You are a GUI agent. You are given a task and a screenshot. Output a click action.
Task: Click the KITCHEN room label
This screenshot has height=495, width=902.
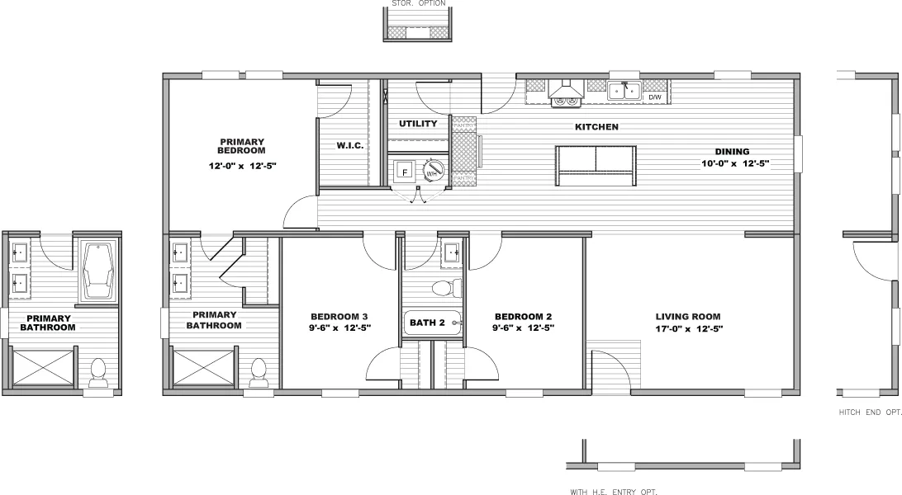pos(596,127)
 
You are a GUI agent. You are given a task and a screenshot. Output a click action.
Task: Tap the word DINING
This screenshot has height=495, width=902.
pos(732,152)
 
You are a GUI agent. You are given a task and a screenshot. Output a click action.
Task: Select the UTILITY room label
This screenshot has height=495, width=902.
pos(418,124)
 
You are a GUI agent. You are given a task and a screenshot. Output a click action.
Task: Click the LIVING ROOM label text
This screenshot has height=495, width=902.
pos(687,316)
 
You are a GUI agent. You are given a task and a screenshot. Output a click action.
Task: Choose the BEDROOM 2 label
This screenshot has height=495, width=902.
pos(523,316)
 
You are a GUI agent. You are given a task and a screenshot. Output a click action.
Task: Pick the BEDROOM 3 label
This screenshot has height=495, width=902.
pos(339,316)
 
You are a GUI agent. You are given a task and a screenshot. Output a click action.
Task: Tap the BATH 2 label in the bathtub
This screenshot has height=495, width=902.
pos(428,323)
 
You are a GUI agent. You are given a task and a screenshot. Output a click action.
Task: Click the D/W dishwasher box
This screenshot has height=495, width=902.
pos(655,97)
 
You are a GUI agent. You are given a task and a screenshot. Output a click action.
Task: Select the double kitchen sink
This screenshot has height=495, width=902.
pos(624,90)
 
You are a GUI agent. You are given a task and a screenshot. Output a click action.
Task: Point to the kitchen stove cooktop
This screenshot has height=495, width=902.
pos(566,100)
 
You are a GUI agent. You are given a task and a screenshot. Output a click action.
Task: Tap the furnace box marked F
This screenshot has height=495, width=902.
pos(405,172)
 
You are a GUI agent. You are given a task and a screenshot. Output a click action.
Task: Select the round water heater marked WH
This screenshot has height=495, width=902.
pos(433,171)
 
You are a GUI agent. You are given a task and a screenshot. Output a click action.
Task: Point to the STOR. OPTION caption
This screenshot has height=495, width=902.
pos(415,3)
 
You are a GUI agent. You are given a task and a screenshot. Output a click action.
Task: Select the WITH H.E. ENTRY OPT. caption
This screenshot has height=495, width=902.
pos(613,492)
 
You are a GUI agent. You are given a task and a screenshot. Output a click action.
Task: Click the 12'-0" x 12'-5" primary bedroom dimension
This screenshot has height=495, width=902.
pos(241,166)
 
